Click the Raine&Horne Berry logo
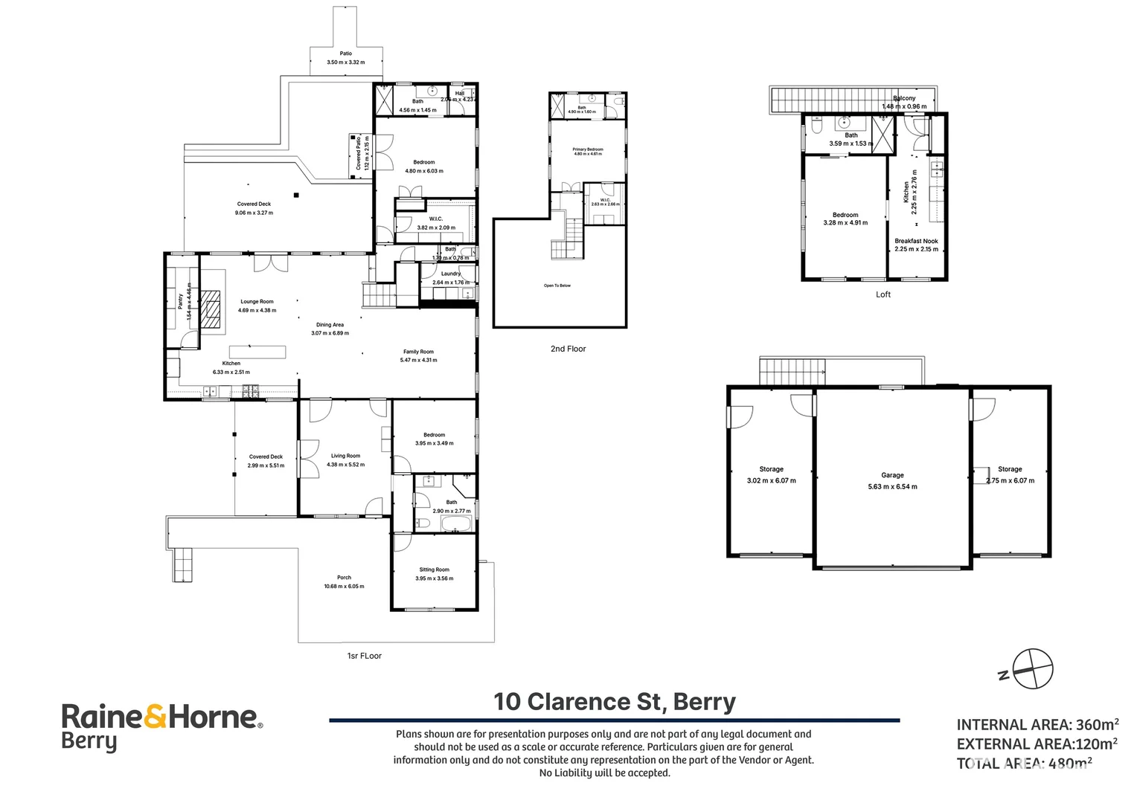click(161, 726)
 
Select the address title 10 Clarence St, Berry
click(615, 701)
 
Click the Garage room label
click(892, 475)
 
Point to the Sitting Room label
click(434, 570)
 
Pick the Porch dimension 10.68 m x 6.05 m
click(344, 586)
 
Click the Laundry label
click(450, 274)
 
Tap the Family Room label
click(418, 352)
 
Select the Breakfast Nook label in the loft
click(916, 241)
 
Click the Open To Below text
click(557, 286)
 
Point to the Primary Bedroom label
click(588, 149)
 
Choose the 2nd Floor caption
click(568, 349)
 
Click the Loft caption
click(883, 294)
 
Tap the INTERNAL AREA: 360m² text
click(1037, 724)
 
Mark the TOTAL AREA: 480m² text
click(1024, 763)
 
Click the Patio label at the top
click(346, 54)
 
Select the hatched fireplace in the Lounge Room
click(212, 309)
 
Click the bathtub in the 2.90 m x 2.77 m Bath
click(455, 523)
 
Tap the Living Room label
click(345, 456)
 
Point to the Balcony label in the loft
click(904, 98)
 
